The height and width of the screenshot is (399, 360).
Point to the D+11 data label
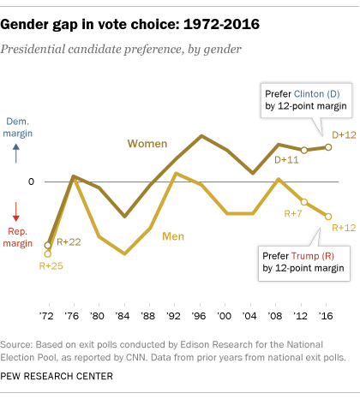tap(287, 160)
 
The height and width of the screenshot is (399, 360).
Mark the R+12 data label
tap(344, 227)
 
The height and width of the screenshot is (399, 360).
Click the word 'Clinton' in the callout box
tap(312, 92)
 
